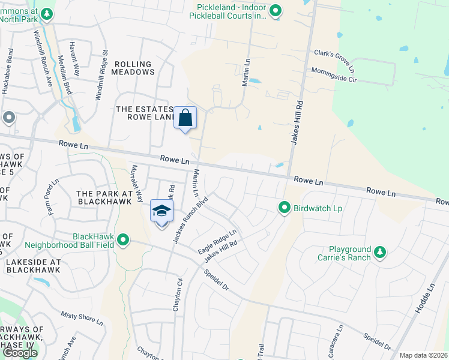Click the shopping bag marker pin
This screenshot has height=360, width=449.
point(185,118)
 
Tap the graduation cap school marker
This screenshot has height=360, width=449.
point(161,211)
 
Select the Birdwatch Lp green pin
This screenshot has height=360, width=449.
point(285,208)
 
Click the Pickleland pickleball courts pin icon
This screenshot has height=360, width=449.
point(275,10)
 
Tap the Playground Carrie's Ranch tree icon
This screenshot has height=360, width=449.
point(379,253)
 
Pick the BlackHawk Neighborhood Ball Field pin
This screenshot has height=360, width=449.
point(123,240)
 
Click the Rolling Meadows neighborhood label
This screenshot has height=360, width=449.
point(134,68)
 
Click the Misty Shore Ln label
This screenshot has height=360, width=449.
point(82,317)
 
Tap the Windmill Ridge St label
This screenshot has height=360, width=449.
point(101,75)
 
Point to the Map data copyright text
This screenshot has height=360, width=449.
point(424,355)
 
